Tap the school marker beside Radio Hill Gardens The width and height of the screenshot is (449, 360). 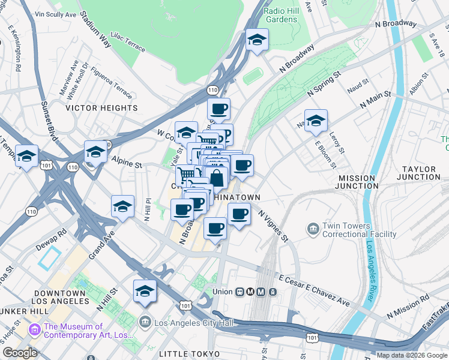click(257, 40)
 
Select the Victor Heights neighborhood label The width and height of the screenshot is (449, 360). click(101, 108)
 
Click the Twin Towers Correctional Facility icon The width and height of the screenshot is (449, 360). click(313, 229)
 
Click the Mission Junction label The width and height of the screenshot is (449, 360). click(357, 182)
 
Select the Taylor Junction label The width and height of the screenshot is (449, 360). click(421, 173)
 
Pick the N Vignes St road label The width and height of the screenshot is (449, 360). click(274, 225)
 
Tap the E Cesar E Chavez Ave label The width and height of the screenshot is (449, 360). click(315, 291)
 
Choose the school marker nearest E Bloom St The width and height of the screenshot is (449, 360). click(315, 121)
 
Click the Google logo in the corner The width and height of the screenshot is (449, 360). click(20, 353)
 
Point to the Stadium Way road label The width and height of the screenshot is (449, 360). click(101, 35)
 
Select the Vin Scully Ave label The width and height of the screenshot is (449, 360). click(56, 13)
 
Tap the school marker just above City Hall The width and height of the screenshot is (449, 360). click(145, 292)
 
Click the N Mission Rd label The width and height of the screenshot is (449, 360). click(408, 305)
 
